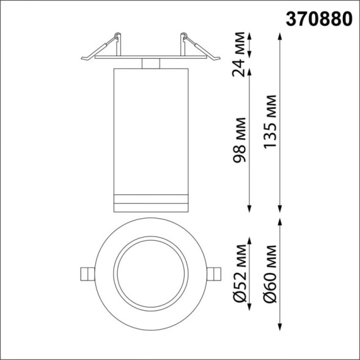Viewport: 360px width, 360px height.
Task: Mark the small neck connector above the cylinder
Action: coord(150,64)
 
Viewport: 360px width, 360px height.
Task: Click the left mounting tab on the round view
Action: coord(87,273)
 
